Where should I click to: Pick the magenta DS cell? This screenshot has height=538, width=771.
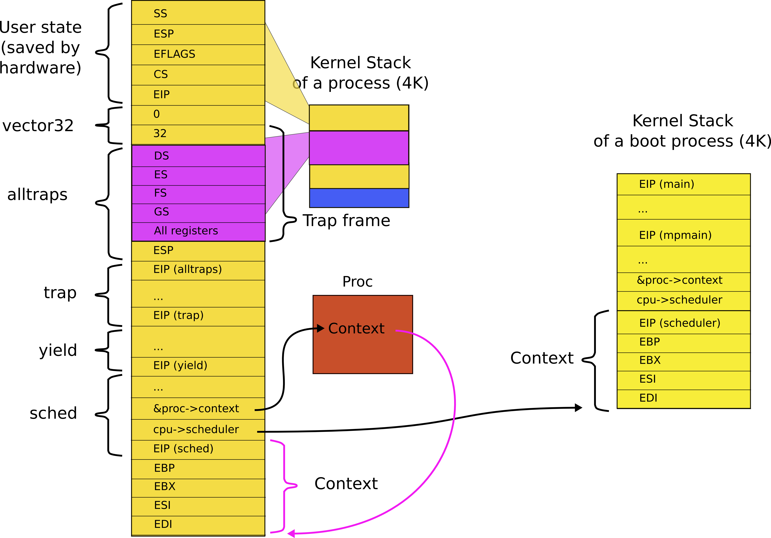[198, 156]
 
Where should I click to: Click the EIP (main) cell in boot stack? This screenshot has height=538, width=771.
[683, 184]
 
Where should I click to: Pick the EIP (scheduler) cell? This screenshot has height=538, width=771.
[683, 323]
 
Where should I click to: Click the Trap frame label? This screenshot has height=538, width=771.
[346, 221]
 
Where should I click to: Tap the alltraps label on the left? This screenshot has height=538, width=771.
[37, 195]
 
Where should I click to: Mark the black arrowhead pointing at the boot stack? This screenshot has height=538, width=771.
[578, 408]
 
